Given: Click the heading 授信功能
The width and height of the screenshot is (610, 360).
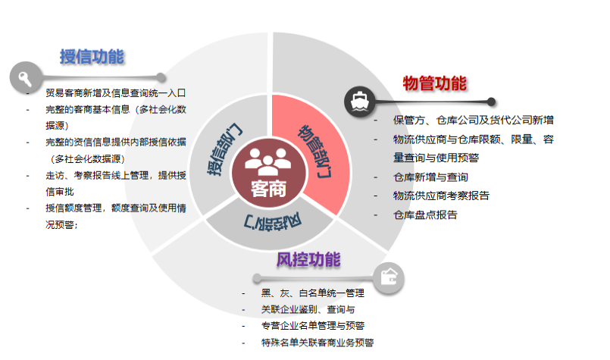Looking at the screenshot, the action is point(92,57).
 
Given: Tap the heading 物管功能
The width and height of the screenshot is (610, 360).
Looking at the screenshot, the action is point(434,83).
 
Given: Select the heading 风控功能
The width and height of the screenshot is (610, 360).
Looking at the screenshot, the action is point(308,259).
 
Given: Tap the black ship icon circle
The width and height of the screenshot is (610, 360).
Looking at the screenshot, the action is point(359,102).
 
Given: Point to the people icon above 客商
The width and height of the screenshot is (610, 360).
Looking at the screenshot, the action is point(268,161).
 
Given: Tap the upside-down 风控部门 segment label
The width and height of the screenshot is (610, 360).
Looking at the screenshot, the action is point(271,221).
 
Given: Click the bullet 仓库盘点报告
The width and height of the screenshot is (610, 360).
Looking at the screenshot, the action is point(425,214).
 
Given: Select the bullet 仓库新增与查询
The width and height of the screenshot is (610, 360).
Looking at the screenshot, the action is point(430,177).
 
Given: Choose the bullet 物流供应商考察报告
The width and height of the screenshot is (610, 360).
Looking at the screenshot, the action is point(441,196).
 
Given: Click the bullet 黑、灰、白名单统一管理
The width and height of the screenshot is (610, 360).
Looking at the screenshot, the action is point(313,293).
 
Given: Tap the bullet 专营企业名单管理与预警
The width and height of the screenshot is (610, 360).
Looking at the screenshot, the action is point(313,326).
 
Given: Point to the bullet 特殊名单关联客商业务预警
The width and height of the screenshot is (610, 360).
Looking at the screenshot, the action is point(318,343).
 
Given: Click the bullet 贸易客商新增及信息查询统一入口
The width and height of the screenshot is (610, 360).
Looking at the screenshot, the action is point(115,93).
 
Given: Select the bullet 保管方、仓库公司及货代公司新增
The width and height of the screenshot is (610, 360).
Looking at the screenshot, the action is point(473,120).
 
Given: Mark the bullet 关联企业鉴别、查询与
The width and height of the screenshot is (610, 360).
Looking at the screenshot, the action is point(308,309).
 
